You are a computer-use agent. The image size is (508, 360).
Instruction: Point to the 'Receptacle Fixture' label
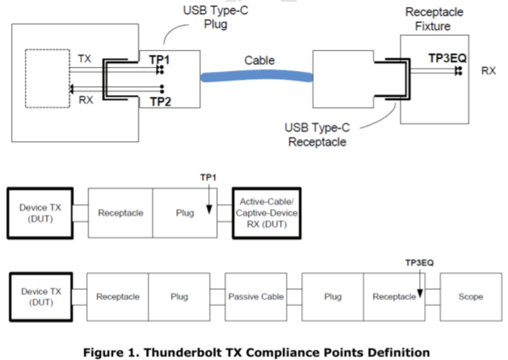(x=436, y=19)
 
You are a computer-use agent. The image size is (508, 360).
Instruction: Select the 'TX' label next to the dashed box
(x=85, y=61)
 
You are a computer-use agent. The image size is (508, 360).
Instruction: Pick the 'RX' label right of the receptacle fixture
(x=488, y=71)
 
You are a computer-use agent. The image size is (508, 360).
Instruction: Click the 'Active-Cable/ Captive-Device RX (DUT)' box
(x=265, y=214)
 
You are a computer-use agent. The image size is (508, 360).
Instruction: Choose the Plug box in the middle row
(x=186, y=214)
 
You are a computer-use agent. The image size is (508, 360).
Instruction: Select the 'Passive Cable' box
(x=256, y=296)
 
